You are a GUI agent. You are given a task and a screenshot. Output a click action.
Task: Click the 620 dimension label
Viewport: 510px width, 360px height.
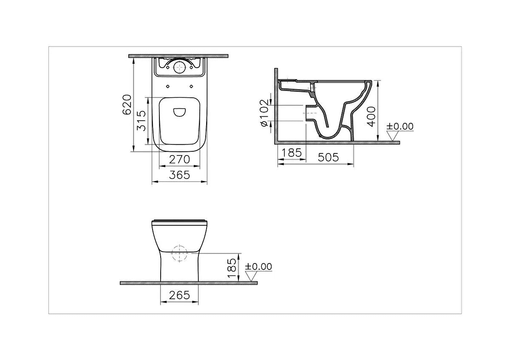[127, 105]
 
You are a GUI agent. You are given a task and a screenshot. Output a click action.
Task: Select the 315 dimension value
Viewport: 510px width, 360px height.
[141, 121]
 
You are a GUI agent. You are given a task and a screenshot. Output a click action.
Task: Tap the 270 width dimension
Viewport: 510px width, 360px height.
[179, 159]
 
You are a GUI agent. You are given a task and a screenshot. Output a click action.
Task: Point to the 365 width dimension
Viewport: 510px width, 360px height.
[179, 175]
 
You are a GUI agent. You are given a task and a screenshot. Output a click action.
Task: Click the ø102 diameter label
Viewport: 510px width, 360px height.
[264, 113]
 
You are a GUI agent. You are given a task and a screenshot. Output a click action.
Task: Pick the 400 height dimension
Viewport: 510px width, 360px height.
[371, 116]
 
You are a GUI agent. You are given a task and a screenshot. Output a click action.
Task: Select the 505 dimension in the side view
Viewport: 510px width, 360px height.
[328, 157]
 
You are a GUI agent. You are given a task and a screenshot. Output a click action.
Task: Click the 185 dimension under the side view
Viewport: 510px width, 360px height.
[292, 153]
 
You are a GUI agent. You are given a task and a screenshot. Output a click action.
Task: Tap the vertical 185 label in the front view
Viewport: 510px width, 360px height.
[232, 268]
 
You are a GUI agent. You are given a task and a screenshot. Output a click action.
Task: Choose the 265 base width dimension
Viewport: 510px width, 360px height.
[179, 295]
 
